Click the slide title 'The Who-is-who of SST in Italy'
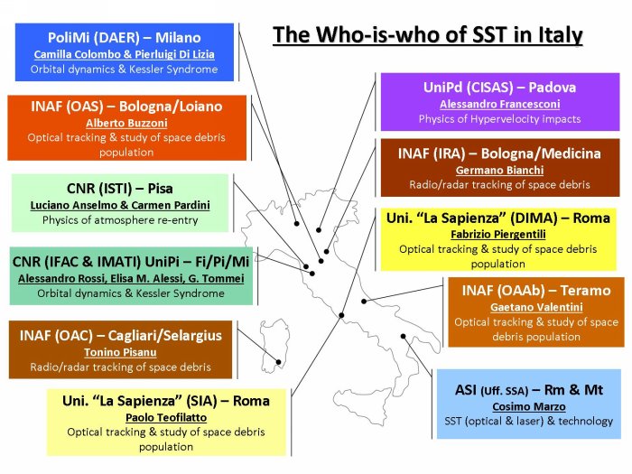point(428,35)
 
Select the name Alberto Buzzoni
point(126,123)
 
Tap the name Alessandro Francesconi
point(500,104)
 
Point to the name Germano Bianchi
point(500,170)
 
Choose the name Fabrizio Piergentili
point(498,234)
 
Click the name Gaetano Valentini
point(536,307)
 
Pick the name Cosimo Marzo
point(529,406)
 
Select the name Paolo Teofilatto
point(166,417)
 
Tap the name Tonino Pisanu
point(120,352)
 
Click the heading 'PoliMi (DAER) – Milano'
point(125,38)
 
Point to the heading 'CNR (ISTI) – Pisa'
point(120,188)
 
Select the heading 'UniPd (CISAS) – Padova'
point(500,87)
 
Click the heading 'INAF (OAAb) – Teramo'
point(536,290)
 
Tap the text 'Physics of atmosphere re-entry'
point(120,220)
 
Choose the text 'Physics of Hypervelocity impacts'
point(500,119)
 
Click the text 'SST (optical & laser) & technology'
point(529,422)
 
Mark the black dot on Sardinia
point(278,362)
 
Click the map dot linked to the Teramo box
point(364,301)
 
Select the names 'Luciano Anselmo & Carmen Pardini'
point(120,205)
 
